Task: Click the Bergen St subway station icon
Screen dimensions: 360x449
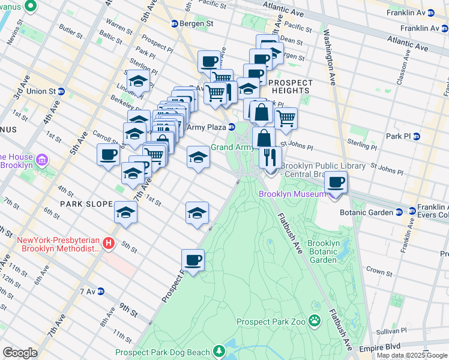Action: tap(175, 23)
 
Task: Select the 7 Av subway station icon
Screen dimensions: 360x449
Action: tap(101, 291)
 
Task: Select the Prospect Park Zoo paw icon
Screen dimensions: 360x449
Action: tap(315, 322)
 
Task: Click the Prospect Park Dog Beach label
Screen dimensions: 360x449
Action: tap(163, 352)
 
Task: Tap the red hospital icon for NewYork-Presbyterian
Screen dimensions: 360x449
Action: tap(108, 244)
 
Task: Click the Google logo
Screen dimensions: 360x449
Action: tap(20, 352)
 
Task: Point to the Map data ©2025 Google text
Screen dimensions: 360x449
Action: tap(411, 355)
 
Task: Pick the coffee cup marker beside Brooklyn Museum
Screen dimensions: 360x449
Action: tap(336, 182)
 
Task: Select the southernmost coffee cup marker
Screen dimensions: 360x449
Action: tap(193, 260)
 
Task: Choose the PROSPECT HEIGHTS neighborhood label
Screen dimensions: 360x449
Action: tap(291, 87)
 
